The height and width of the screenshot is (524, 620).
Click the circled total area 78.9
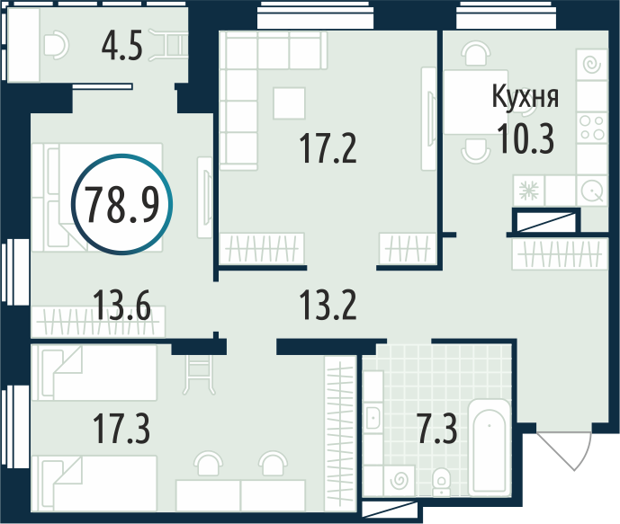pyautogui.click(x=122, y=204)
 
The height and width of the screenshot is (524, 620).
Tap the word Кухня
pyautogui.click(x=526, y=97)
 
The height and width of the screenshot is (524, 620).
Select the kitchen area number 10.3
pyautogui.click(x=526, y=138)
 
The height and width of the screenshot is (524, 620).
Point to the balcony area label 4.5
pyautogui.click(x=121, y=46)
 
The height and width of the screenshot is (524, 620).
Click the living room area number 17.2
pyautogui.click(x=328, y=148)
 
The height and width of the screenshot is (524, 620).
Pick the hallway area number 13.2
pyautogui.click(x=328, y=305)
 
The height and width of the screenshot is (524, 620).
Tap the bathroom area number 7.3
pyautogui.click(x=437, y=429)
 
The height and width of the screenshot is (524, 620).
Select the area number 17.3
pyautogui.click(x=121, y=429)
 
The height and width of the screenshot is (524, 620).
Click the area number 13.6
pyautogui.click(x=121, y=305)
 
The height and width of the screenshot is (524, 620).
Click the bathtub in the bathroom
pyautogui.click(x=490, y=448)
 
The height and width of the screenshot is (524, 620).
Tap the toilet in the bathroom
pyautogui.click(x=441, y=482)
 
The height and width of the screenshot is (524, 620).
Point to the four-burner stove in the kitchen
pyautogui.click(x=592, y=127)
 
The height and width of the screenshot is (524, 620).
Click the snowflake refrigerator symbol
pyautogui.click(x=529, y=191)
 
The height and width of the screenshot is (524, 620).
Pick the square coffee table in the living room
pyautogui.click(x=289, y=103)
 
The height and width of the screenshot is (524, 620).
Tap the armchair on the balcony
pyautogui.click(x=57, y=46)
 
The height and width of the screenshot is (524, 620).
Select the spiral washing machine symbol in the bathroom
pyautogui.click(x=399, y=480)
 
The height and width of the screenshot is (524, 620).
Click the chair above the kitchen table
pyautogui.click(x=476, y=54)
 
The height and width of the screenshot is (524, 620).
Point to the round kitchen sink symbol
pyautogui.click(x=592, y=191)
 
